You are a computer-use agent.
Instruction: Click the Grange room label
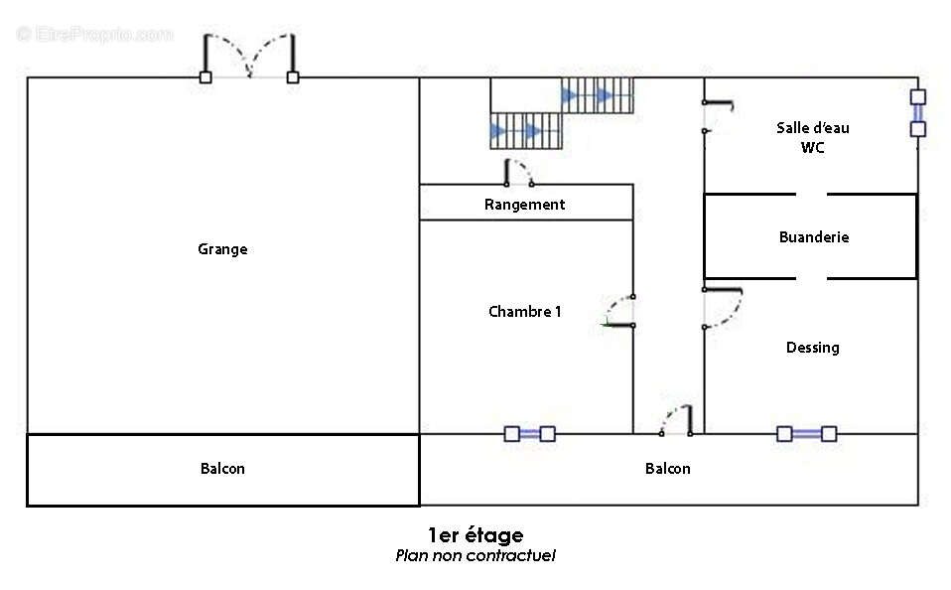pos(222,249)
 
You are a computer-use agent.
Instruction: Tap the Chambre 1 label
pos(524,312)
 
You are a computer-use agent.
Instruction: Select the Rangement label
pos(524,205)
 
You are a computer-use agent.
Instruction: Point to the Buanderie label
pos(814,236)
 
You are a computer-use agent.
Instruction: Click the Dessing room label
pos(813,348)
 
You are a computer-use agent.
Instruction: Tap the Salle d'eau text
pos(813,127)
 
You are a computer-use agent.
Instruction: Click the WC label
pos(813,147)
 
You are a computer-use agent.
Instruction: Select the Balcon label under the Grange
pos(222,468)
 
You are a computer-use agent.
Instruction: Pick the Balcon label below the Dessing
pos(668,468)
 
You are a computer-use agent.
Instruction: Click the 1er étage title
pos(475,534)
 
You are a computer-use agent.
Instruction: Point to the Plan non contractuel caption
pos(475,555)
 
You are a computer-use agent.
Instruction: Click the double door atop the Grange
pos(249,59)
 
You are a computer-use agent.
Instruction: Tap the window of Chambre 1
pos(529,433)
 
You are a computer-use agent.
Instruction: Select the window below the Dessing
pos(807,433)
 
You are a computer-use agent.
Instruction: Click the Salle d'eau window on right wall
pos(917,113)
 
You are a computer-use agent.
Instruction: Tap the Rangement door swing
pos(519,173)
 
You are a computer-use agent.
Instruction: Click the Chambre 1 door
pos(618,312)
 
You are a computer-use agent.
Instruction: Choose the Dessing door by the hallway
pos(723,308)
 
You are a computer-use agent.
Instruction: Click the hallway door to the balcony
pos(677,420)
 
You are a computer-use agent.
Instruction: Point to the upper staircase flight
pos(598,95)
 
